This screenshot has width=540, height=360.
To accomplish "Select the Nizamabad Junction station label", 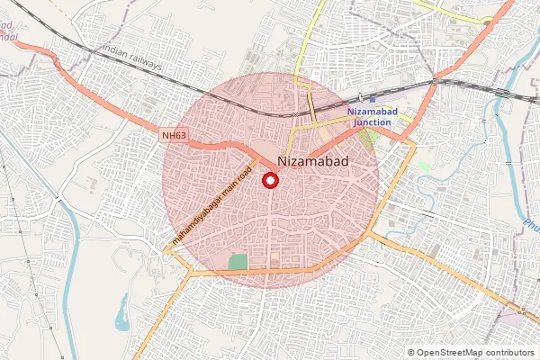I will click(x=372, y=116).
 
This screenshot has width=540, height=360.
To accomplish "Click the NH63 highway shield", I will click(x=175, y=136).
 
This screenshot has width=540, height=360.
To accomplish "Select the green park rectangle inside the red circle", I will click(x=238, y=262).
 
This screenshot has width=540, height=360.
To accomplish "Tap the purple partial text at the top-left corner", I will click(x=8, y=31).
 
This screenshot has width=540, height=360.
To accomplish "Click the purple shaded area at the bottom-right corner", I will click(x=512, y=319).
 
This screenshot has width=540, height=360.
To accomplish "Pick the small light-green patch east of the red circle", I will click(x=424, y=166).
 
